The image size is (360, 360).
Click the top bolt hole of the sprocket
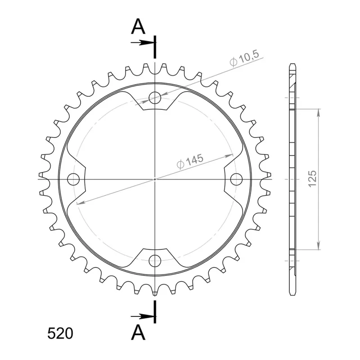point(155,98)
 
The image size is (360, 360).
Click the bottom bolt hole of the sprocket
point(155,261)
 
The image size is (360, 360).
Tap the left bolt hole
point(73,179)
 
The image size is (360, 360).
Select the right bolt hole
point(236,179)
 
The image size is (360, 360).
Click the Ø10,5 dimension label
point(244,58)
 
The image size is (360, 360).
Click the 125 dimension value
point(312,179)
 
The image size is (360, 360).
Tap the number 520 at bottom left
point(60,333)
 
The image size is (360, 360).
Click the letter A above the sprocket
point(138,27)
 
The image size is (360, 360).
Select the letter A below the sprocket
point(138,333)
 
